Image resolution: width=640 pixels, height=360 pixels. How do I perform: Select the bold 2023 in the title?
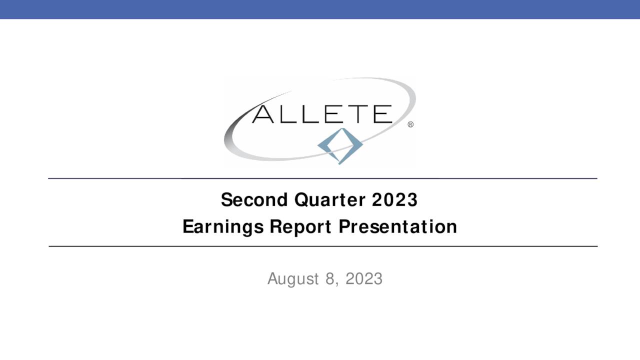tap(394, 200)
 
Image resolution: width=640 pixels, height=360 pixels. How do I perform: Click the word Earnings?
tap(223, 227)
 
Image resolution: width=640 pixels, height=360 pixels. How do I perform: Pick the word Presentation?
tap(398, 227)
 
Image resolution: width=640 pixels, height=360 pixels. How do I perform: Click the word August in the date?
tap(293, 278)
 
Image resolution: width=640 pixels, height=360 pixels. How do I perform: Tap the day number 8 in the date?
tap(329, 278)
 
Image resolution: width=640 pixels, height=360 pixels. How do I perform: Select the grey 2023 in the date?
tap(364, 278)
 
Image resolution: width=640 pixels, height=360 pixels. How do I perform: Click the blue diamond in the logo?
tap(340, 145)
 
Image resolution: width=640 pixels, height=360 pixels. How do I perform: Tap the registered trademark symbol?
tap(410, 124)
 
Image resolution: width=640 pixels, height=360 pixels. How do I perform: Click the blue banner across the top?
tap(320, 9)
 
